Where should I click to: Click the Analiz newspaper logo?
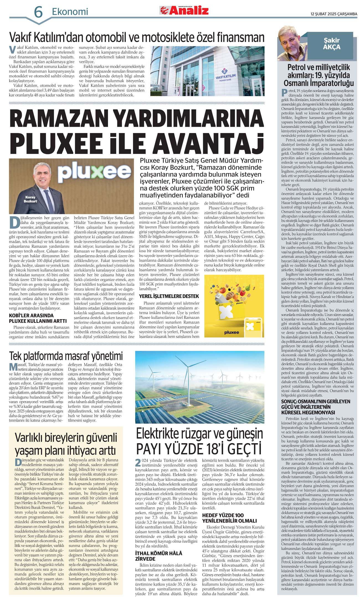(184, 11)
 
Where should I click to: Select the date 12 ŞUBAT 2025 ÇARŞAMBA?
(334, 14)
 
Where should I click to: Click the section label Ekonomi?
(70, 12)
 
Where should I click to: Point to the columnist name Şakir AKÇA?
(331, 44)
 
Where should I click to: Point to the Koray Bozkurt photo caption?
(30, 199)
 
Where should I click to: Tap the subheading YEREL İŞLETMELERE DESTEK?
(169, 296)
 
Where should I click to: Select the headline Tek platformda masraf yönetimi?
(66, 356)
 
